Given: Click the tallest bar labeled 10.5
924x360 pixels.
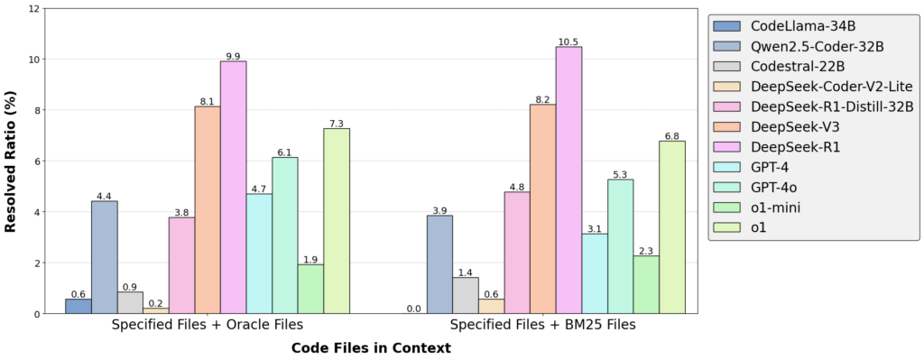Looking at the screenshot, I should click(x=568, y=180).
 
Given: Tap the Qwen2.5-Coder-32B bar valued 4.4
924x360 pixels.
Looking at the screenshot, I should click(x=104, y=257).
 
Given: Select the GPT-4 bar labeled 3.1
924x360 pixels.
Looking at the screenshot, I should click(x=595, y=274).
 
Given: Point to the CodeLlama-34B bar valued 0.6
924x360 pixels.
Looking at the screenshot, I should click(x=78, y=306).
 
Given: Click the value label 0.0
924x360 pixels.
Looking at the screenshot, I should click(x=413, y=309).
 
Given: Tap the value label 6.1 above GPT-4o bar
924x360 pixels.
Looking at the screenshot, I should click(x=284, y=152).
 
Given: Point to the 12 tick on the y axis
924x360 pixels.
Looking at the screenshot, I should click(x=34, y=9).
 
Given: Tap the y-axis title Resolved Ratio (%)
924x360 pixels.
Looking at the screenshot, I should click(x=12, y=161).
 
